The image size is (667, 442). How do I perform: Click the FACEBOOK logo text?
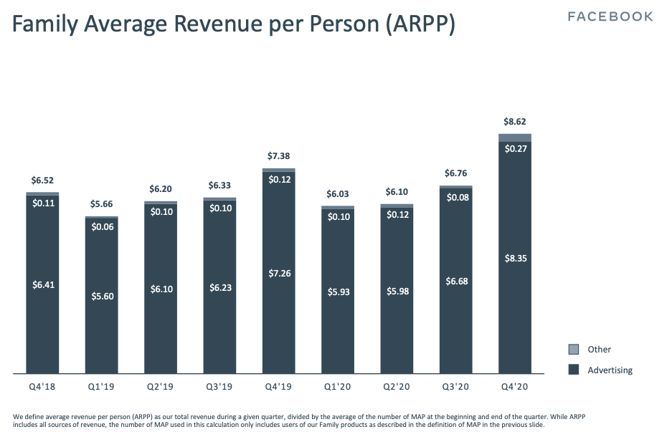pyautogui.click(x=610, y=16)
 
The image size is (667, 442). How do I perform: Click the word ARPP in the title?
pyautogui.click(x=422, y=26)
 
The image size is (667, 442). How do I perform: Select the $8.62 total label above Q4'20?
pyautogui.click(x=514, y=122)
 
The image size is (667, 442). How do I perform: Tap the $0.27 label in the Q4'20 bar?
pyautogui.click(x=514, y=149)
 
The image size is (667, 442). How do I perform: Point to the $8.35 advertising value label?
pyautogui.click(x=514, y=259)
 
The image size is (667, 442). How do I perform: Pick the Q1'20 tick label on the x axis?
pyautogui.click(x=337, y=386)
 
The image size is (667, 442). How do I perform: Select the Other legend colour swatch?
pyautogui.click(x=574, y=350)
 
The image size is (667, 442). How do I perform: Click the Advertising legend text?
pyautogui.click(x=610, y=370)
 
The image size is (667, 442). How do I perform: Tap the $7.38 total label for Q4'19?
pyautogui.click(x=279, y=156)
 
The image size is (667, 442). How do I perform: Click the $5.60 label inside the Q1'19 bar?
pyautogui.click(x=102, y=297)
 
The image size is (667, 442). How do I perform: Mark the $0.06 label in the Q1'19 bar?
pyautogui.click(x=102, y=226)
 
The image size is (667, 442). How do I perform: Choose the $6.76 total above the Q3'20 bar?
pyautogui.click(x=455, y=173)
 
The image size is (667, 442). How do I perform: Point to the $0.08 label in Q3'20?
pyautogui.click(x=455, y=198)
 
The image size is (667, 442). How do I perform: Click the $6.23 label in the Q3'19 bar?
pyautogui.click(x=219, y=287)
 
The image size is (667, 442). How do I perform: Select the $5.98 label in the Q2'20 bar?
pyautogui.click(x=397, y=291)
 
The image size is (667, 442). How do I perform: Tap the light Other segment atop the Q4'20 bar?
pyautogui.click(x=514, y=138)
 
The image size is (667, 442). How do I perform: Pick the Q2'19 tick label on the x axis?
pyautogui.click(x=161, y=386)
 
